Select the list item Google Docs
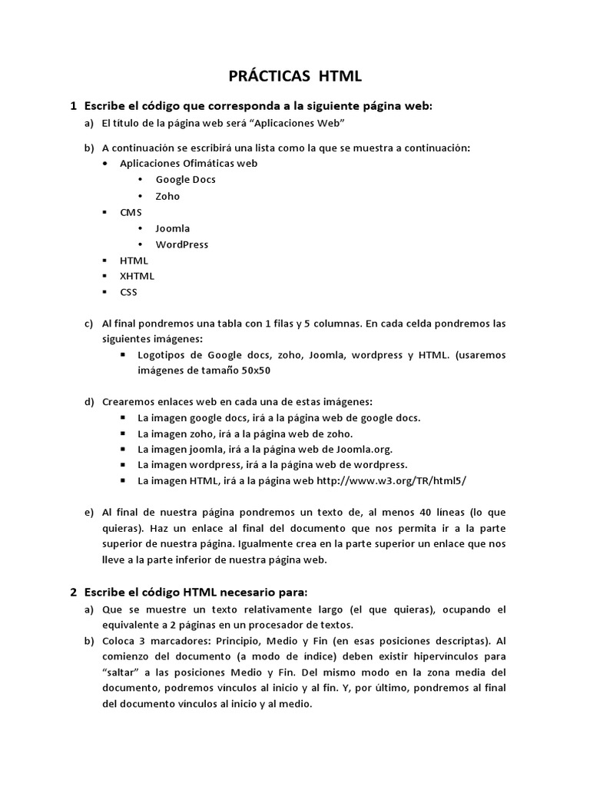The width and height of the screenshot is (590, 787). point(185,179)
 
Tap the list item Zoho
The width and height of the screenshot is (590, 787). point(167,196)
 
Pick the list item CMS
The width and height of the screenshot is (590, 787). point(131,212)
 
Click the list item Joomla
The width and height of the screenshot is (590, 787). point(172,228)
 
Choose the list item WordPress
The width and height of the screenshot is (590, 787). point(181,244)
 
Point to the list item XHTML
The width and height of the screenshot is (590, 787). point(137,276)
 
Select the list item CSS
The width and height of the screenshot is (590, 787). point(128,292)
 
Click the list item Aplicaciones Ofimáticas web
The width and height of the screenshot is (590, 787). point(188,163)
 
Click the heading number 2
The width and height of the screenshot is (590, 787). point(73,592)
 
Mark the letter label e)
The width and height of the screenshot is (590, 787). point(88,513)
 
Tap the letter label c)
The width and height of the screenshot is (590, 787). point(88,324)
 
